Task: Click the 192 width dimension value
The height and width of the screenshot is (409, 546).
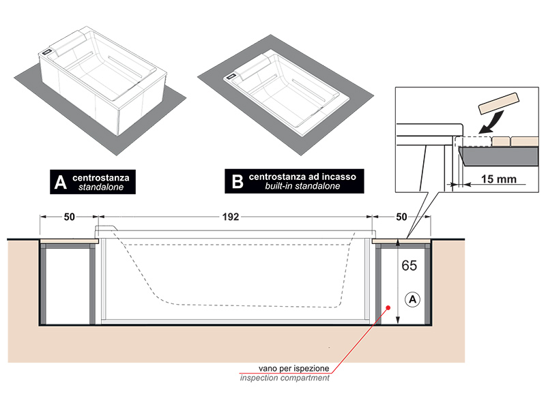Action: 230,217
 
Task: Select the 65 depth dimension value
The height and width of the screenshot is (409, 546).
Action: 409,266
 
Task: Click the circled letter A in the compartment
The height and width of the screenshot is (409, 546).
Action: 412,298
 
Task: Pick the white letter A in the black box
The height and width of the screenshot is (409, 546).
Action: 60,181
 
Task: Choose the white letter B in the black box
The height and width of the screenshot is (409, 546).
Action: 238,181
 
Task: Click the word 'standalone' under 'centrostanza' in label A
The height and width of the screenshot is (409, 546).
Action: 101,186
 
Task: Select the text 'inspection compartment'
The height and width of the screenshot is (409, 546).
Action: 285,378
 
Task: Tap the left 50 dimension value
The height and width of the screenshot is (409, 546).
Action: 69,217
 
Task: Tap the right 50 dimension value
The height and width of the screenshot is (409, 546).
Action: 403,217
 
